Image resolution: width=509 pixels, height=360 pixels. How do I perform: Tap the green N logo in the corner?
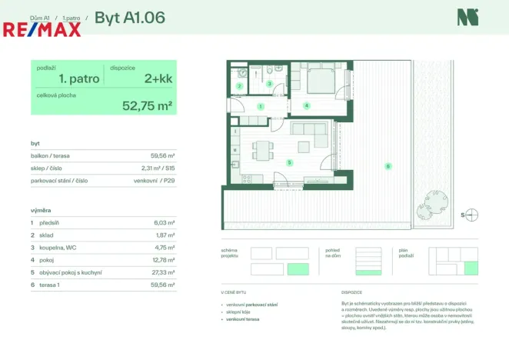click(464, 17)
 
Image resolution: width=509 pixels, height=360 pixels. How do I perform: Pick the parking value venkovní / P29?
click(155, 180)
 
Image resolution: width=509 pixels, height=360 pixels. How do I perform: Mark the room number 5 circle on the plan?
click(289, 162)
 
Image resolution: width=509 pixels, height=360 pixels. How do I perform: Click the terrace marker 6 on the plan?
click(388, 165)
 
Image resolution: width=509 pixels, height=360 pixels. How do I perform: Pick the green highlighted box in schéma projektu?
click(298, 268)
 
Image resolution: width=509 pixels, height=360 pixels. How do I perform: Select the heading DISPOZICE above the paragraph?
click(353, 292)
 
